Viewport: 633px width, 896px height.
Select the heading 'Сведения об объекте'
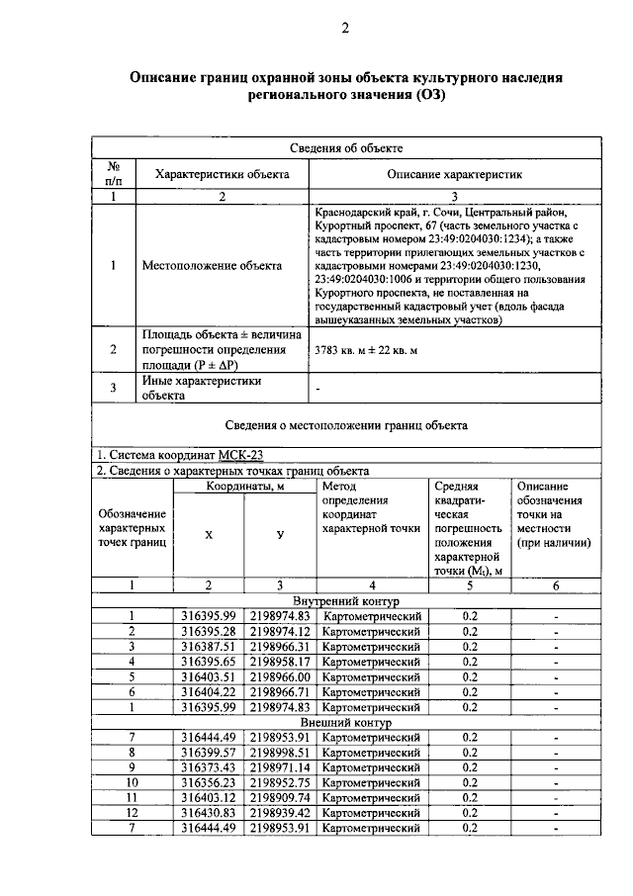tap(346, 147)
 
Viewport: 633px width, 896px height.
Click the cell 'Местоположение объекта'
tap(209, 265)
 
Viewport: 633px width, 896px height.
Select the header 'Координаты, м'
tap(245, 487)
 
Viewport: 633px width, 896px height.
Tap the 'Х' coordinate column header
tap(208, 535)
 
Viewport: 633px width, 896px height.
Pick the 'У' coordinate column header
tap(280, 535)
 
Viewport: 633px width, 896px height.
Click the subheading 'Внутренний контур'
tap(346, 601)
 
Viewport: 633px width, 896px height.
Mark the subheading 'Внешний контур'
tap(346, 723)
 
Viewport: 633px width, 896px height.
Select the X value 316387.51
tap(208, 647)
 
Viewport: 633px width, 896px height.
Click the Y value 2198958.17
tap(280, 662)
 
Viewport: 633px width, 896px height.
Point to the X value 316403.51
tap(208, 677)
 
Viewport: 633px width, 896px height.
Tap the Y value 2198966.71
tap(280, 692)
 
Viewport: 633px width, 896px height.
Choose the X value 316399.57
tap(208, 753)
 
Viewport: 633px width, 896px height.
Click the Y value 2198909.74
tap(280, 798)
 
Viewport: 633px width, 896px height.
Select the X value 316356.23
tap(208, 783)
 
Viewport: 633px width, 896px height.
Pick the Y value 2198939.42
tap(280, 813)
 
